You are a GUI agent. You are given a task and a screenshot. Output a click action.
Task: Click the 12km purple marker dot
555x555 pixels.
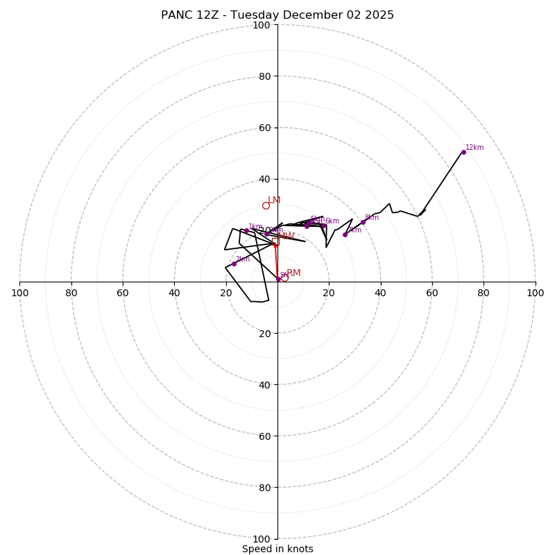pos(463,152)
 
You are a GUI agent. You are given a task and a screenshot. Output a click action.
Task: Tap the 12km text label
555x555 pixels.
pos(475,148)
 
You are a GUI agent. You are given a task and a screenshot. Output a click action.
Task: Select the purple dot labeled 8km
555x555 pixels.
pos(363,222)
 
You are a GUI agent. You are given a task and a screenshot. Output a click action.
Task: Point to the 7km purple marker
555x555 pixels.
pos(345,234)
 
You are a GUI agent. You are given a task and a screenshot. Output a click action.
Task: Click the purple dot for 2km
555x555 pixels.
pos(234,264)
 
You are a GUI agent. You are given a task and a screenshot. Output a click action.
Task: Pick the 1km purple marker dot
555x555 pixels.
pos(246,230)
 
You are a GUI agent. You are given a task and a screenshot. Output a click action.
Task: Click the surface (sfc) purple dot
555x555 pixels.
pos(279,279)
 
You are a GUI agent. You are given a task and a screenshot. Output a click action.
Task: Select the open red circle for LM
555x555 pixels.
pos(266,205)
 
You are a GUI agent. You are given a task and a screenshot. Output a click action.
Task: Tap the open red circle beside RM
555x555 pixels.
pos(284,277)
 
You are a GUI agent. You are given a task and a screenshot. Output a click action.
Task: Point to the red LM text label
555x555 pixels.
pos(274,200)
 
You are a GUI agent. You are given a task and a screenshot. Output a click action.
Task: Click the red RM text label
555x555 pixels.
pos(293,273)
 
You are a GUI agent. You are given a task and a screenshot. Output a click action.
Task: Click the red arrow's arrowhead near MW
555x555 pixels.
pos(275,244)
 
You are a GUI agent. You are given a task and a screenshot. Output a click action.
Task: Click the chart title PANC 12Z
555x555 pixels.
pos(277,15)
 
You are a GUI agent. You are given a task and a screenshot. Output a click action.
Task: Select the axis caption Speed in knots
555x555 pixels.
pos(277,549)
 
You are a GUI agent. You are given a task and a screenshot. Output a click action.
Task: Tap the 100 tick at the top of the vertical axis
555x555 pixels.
pos(262,25)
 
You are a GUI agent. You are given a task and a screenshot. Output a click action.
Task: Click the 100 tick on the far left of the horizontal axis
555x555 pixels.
pos(19,293)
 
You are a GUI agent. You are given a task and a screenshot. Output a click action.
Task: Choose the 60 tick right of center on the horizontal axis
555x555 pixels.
pos(432,293)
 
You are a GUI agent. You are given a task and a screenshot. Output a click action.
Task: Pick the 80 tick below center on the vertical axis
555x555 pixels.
pos(264,487)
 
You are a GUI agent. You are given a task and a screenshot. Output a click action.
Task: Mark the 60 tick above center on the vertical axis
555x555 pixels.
pos(264,128)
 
